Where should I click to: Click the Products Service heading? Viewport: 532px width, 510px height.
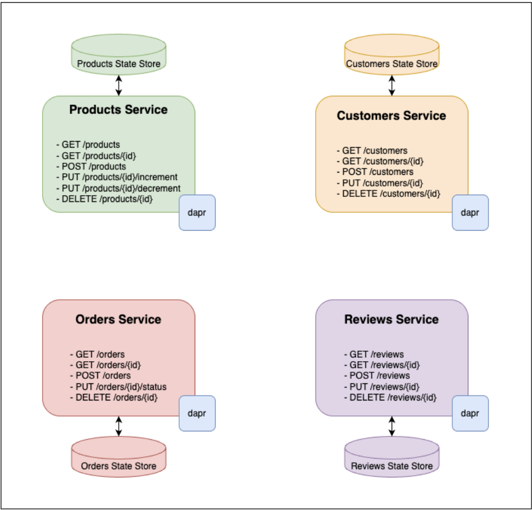[118, 110]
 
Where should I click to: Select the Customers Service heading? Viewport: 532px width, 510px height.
[392, 116]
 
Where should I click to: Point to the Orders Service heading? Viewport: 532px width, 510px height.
[118, 320]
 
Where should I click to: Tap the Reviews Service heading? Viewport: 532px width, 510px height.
[392, 320]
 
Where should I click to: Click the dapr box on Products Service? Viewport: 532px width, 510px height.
[197, 212]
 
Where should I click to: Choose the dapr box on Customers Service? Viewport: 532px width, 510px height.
[470, 212]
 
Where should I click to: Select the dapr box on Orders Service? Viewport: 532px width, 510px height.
[197, 413]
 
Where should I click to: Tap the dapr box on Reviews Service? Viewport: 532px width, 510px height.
[470, 413]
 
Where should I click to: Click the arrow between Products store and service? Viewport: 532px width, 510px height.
[118, 85]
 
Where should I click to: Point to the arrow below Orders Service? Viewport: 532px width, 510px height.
[118, 426]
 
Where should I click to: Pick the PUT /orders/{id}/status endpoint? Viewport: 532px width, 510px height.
[118, 386]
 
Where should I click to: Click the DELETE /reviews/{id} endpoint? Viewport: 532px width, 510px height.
[390, 397]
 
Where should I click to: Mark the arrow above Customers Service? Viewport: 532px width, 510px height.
[392, 85]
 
